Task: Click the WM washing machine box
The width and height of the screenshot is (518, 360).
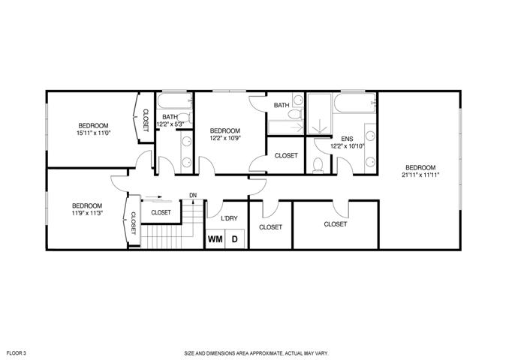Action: tap(215, 239)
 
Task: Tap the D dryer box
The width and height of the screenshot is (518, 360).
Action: tap(234, 239)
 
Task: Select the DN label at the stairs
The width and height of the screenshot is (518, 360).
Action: tap(193, 195)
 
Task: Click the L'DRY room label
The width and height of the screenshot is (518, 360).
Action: tap(229, 218)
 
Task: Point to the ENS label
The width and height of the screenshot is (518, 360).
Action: tap(347, 139)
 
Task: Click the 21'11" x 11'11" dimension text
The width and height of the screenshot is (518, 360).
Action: tap(420, 175)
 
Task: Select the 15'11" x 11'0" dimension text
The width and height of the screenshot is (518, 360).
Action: tap(93, 133)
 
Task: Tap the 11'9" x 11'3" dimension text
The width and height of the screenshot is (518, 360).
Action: tap(87, 213)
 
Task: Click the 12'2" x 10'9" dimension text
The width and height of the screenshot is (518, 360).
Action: tap(225, 138)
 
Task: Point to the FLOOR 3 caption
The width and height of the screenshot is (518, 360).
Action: tap(17, 353)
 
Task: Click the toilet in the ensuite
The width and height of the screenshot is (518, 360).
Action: tap(318, 165)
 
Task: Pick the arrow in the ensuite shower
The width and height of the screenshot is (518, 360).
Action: tap(320, 127)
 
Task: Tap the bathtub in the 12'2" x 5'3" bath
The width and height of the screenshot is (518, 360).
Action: tap(174, 100)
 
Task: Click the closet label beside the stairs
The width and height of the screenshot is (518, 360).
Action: tap(161, 212)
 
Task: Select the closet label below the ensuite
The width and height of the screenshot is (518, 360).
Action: tap(336, 224)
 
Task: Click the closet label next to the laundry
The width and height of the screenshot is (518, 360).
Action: tap(270, 227)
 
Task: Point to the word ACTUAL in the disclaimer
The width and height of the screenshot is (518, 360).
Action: tap(295, 353)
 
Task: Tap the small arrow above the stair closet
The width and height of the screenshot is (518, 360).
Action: tap(154, 197)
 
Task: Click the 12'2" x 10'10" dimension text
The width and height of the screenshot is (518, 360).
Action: tap(347, 145)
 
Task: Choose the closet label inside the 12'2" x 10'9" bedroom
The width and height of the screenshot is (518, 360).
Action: tap(286, 155)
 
